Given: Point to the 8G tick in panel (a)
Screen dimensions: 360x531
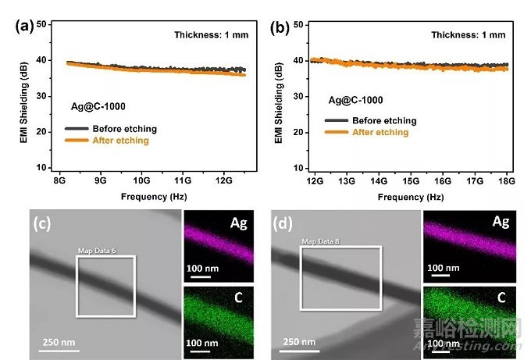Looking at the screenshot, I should pyautogui.click(x=59, y=180).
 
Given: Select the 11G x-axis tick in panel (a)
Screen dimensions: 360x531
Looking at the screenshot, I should pyautogui.click(x=183, y=180).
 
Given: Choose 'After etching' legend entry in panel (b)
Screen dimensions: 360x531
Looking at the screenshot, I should pyautogui.click(x=380, y=132).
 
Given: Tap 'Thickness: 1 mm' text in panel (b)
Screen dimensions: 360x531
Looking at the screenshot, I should pyautogui.click(x=464, y=34).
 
